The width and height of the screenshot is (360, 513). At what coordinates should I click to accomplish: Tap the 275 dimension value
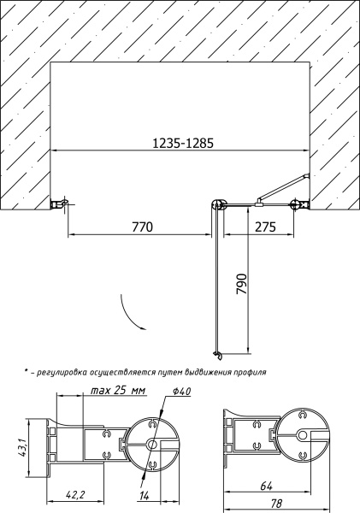click(265, 227)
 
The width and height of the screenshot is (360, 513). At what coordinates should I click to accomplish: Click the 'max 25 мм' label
click(117, 391)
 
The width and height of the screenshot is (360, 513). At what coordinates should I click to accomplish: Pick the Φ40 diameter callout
click(180, 391)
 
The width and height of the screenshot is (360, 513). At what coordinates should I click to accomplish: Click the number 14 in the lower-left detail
click(143, 496)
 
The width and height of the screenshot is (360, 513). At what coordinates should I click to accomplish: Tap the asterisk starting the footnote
click(27, 372)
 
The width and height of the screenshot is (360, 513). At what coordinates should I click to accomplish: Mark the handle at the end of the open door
click(217, 353)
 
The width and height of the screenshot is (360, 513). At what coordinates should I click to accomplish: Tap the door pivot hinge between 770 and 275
click(219, 204)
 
